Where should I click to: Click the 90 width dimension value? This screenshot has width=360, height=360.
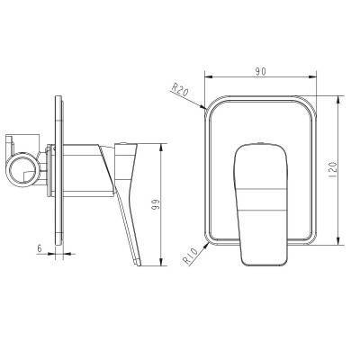(x=261, y=71)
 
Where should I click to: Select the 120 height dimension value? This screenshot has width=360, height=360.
(x=333, y=170)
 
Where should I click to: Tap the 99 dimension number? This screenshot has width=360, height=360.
(x=156, y=204)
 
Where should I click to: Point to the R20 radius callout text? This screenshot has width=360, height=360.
(x=180, y=89)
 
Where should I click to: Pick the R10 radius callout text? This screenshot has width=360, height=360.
(x=191, y=256)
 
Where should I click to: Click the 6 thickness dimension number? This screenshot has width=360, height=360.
(x=39, y=248)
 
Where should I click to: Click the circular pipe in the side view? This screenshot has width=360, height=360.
(x=22, y=170)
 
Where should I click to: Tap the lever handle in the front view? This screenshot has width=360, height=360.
(x=261, y=204)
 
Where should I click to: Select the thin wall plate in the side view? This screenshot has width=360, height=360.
(x=58, y=171)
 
